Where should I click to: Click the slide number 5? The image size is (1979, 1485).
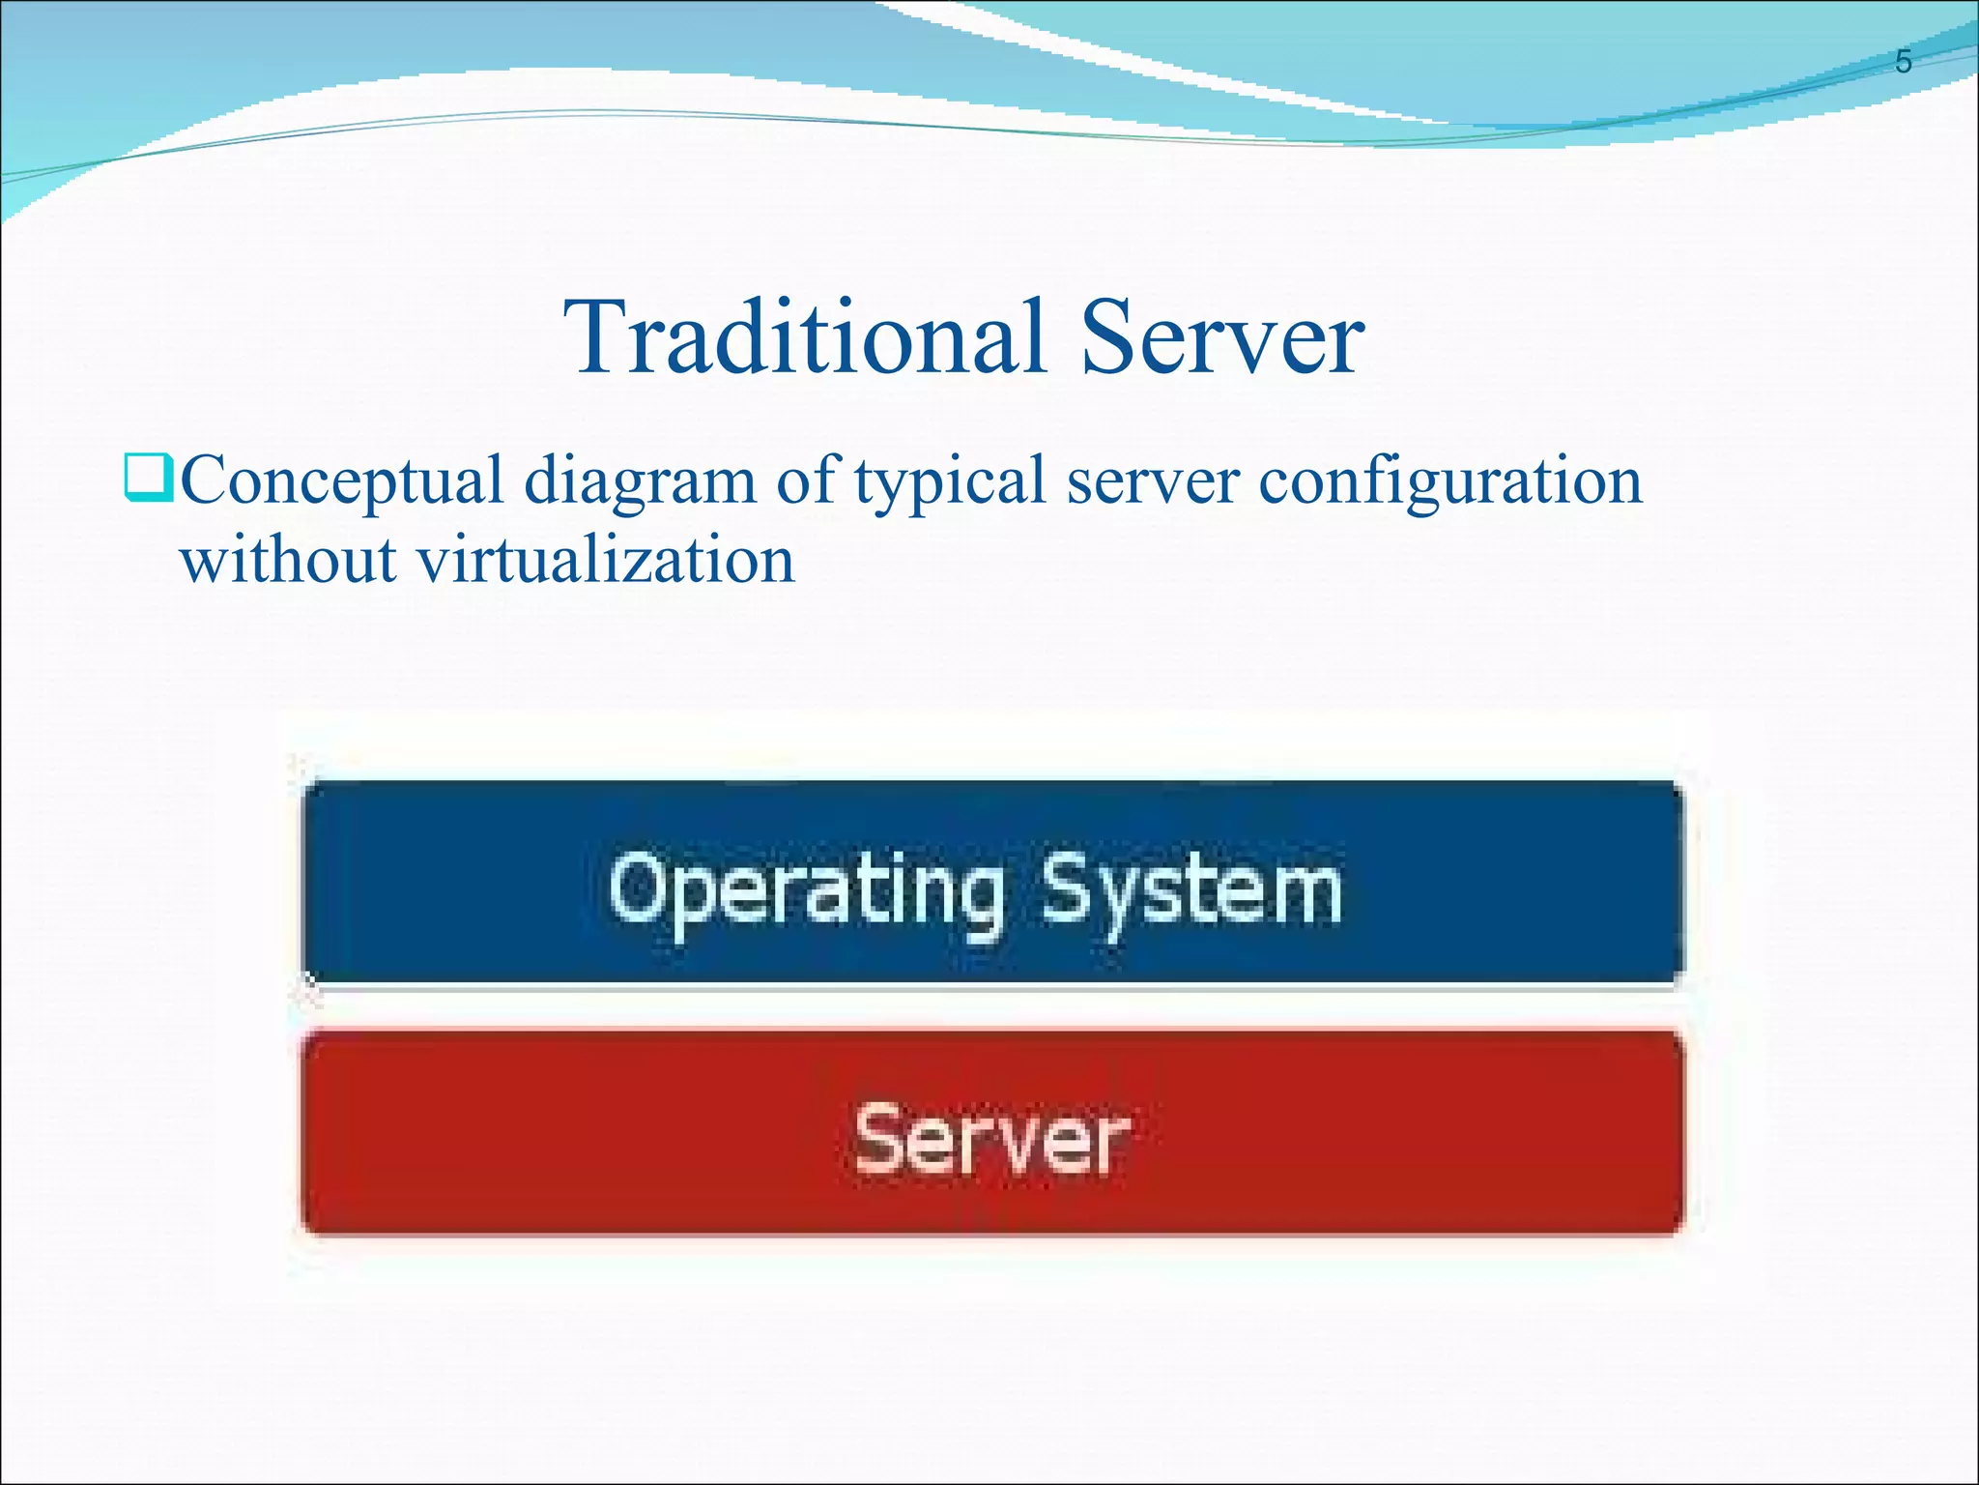(1903, 62)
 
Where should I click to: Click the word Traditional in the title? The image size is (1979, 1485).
(806, 338)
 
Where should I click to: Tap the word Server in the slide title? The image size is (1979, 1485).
(1221, 338)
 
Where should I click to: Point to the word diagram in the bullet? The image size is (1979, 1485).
(640, 481)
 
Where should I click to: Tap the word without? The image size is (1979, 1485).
(288, 561)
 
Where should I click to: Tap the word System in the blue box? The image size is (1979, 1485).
(1190, 889)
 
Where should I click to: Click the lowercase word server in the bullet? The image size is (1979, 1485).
(1152, 481)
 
